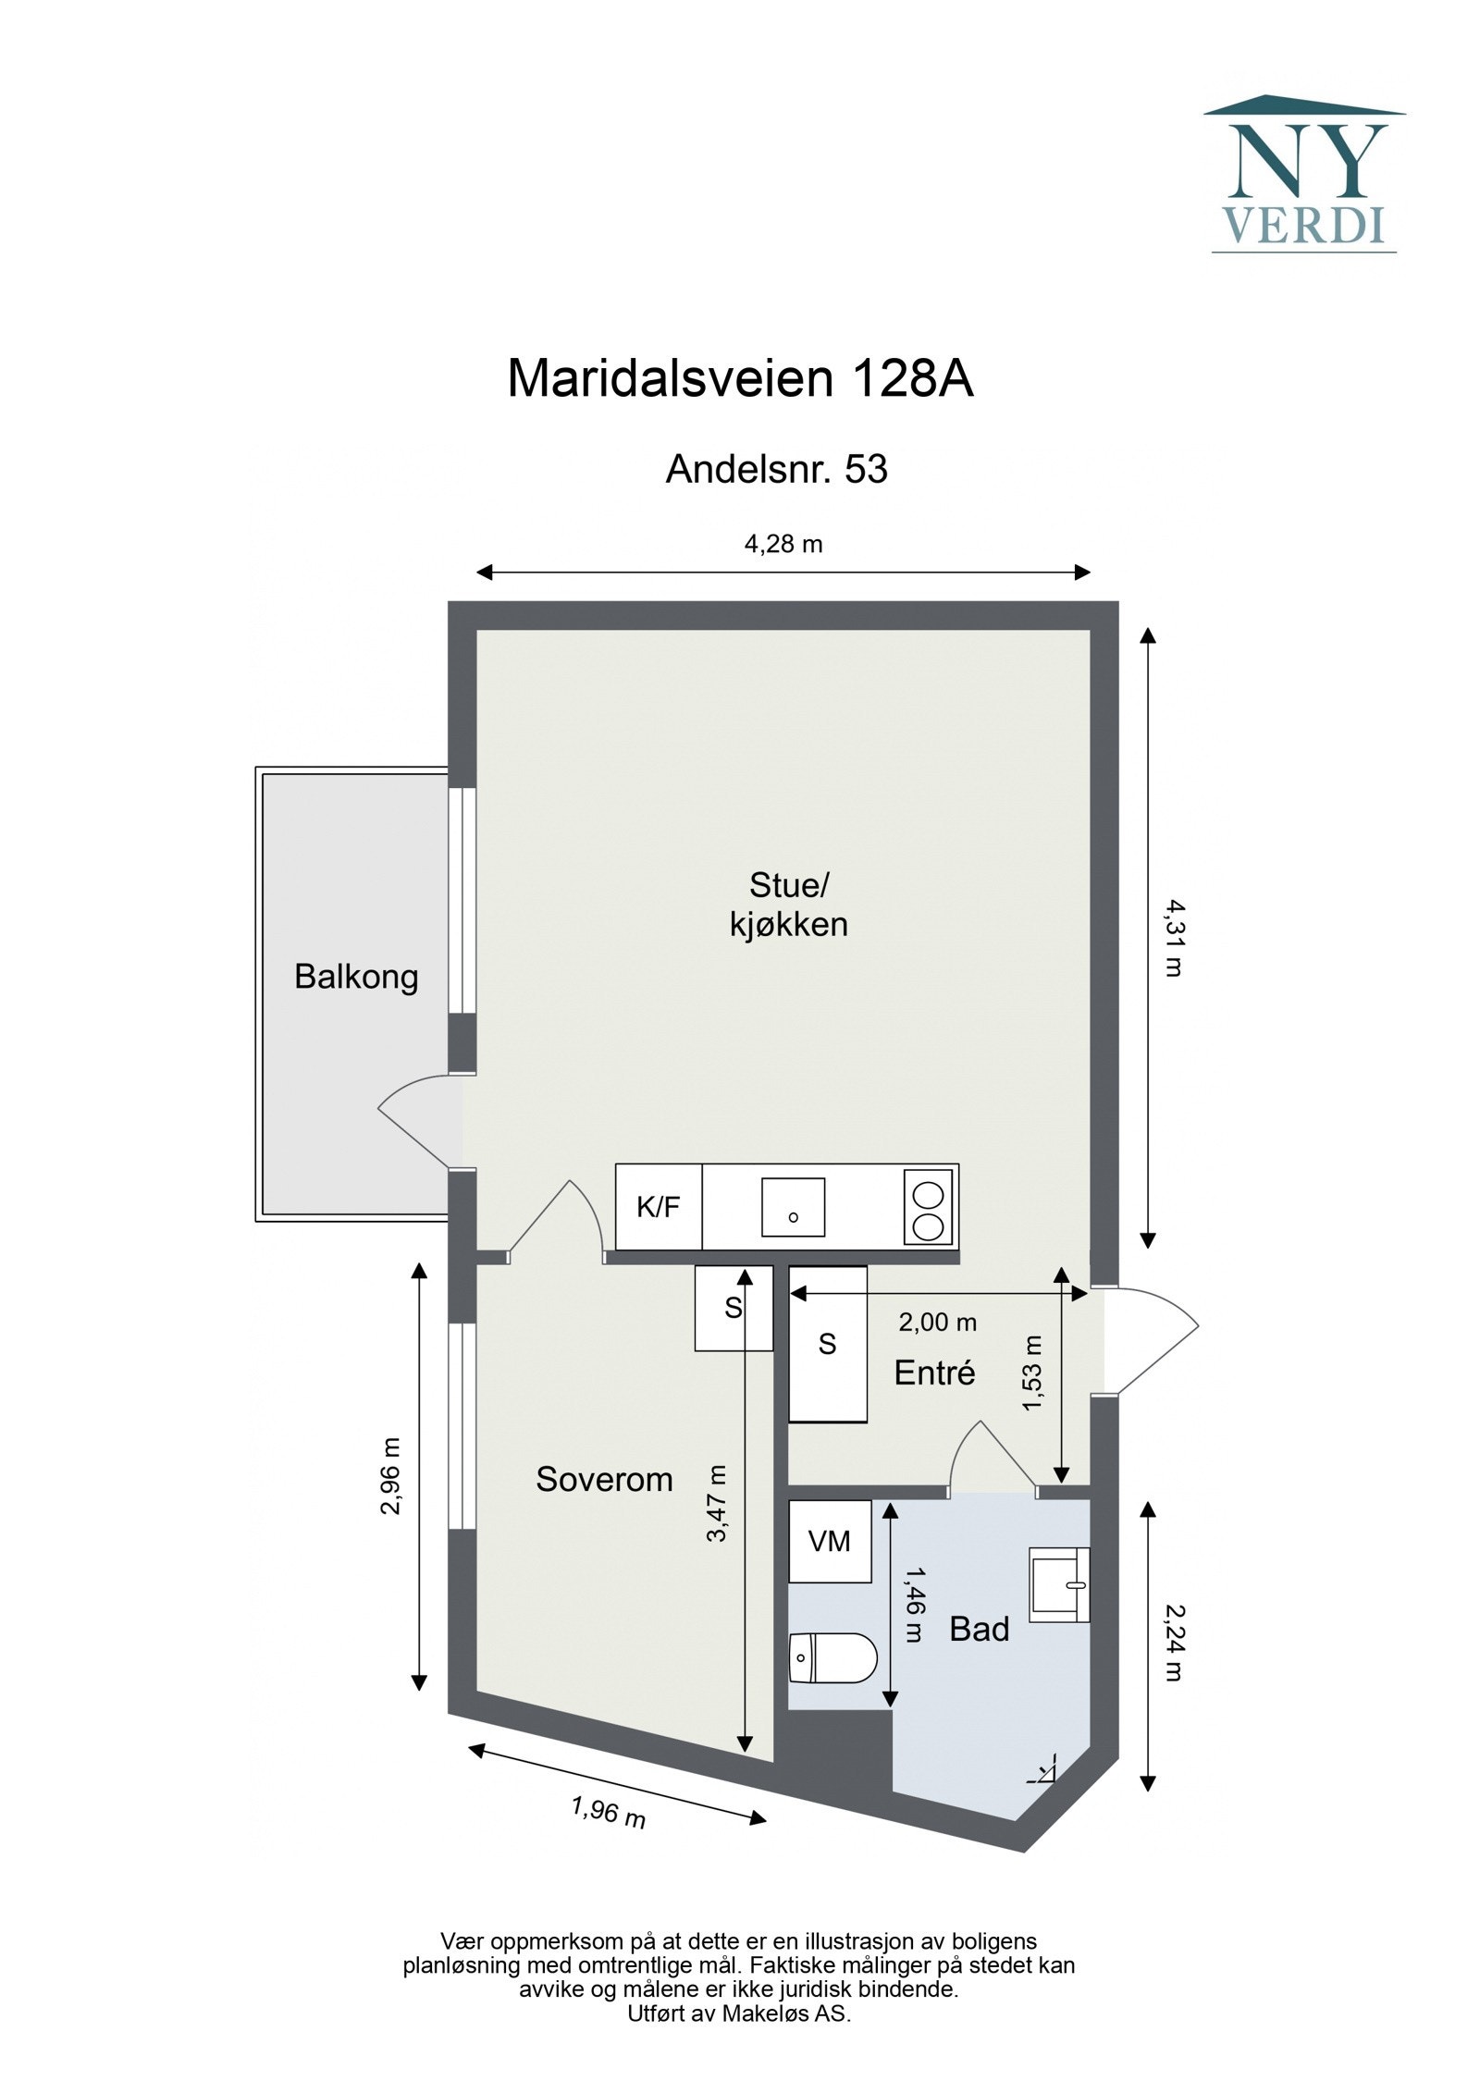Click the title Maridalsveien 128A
740,378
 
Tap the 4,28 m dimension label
783,544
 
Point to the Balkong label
356,977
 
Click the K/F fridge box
659,1207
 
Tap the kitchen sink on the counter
793,1207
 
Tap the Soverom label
604,1480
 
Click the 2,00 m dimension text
937,1323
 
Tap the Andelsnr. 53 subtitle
776,470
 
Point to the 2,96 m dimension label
391,1476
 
